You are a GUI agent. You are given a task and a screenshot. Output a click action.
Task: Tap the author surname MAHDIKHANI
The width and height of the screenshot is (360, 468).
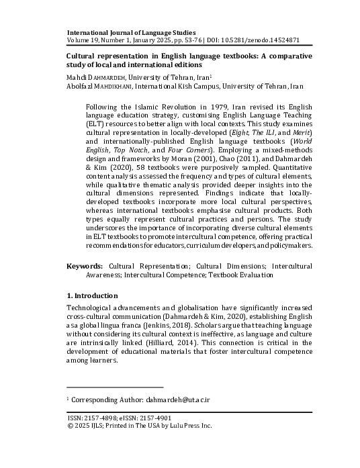(x=110, y=86)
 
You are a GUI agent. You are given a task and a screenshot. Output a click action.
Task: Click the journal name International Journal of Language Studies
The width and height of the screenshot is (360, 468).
(x=131, y=32)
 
